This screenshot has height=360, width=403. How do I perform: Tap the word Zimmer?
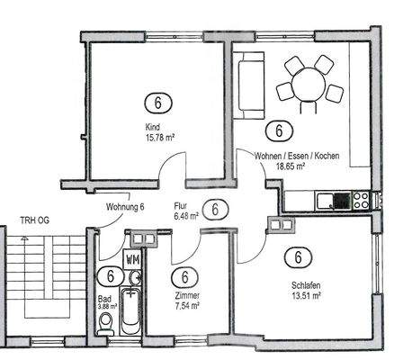[x=186, y=296]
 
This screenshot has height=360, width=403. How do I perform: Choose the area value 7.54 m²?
[x=186, y=306]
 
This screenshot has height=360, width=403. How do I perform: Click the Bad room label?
[x=103, y=297]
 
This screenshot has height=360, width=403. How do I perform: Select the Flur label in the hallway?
[x=180, y=205]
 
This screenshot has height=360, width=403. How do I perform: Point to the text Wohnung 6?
[x=125, y=207]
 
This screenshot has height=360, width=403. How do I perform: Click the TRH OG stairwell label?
[x=35, y=219]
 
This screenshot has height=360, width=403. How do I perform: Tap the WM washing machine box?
[x=133, y=259]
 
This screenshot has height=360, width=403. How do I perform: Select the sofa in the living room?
[x=246, y=85]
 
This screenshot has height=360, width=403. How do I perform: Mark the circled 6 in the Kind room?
[x=157, y=101]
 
